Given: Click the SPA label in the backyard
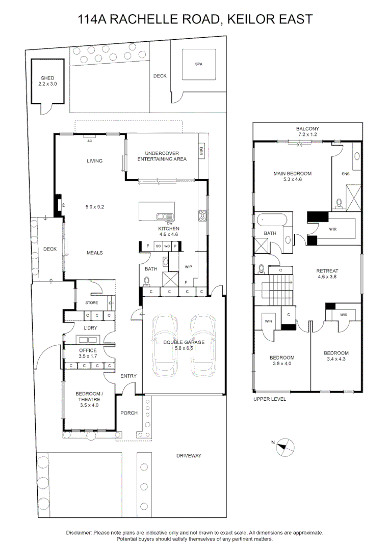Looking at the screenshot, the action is [199, 64].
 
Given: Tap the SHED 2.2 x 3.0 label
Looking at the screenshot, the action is [48, 81].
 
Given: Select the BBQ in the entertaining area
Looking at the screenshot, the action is [201, 151].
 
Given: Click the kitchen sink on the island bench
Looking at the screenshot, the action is [165, 217].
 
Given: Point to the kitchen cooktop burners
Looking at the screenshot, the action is [202, 216].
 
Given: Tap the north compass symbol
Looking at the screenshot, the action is [285, 447].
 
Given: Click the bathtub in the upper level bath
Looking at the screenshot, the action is [272, 221].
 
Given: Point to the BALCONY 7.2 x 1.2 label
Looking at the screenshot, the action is [307, 131].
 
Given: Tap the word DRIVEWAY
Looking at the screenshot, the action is [189, 456].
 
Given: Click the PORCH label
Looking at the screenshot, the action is [129, 413].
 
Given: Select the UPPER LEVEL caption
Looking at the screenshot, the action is [270, 399].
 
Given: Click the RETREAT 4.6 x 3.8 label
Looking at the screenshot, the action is [327, 273].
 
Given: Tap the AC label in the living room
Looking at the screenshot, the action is [90, 141].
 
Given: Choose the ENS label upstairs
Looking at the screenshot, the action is [346, 174].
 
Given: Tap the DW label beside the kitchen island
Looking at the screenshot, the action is [170, 224].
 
